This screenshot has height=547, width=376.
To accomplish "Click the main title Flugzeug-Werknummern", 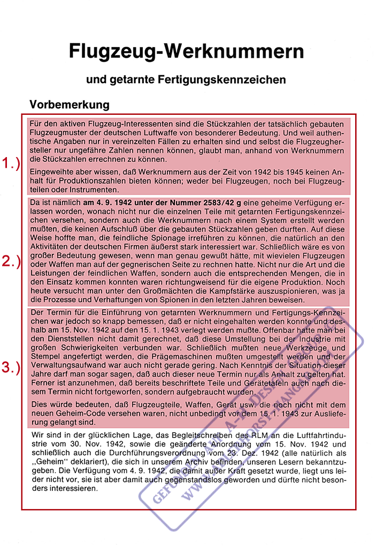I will point(186,52).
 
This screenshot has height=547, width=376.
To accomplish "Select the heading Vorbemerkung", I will point(70,104).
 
